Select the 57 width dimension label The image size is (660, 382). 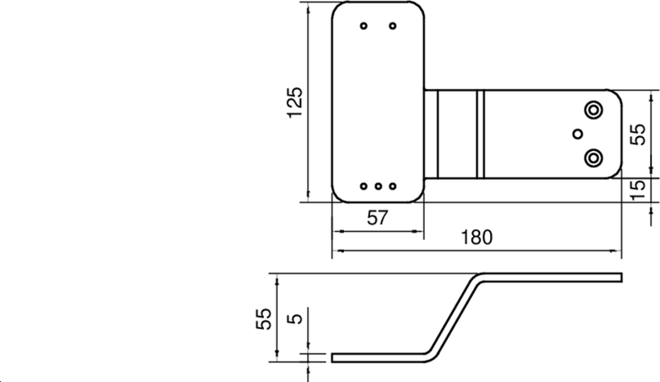point(377,219)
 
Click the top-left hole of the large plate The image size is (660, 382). point(364,26)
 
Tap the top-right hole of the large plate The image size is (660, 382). point(393,26)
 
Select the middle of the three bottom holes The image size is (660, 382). point(378,186)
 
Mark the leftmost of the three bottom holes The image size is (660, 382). point(364,186)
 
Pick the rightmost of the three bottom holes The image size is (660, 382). point(393,186)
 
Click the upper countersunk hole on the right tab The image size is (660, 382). point(592,110)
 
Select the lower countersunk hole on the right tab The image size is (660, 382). point(592,156)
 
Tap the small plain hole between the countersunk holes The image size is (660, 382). point(577,133)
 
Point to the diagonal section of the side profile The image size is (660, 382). point(452,317)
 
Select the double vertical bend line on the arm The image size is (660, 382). point(479,134)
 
